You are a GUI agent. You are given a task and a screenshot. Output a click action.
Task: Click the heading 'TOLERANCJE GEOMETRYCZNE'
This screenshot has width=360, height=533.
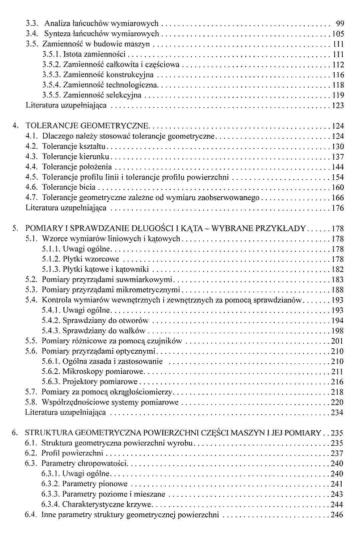pyautogui.click(x=87, y=126)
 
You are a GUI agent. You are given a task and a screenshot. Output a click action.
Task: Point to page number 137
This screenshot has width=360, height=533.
pyautogui.click(x=338, y=157)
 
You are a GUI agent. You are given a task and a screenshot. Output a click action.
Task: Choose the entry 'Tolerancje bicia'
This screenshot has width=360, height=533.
pyautogui.click(x=69, y=188)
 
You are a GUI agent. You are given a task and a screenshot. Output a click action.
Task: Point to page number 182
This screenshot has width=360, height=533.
pyautogui.click(x=338, y=270)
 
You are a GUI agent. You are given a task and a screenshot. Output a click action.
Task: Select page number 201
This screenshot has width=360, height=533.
pyautogui.click(x=337, y=341)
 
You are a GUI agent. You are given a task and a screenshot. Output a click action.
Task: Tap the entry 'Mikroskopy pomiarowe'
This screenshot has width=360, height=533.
pyautogui.click(x=103, y=372)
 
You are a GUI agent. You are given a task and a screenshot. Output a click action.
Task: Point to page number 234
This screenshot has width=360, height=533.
pyautogui.click(x=337, y=413)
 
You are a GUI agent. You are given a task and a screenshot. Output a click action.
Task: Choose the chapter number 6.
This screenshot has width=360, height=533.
pyautogui.click(x=14, y=433)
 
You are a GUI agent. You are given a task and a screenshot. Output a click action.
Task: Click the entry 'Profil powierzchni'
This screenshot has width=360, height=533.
pyautogui.click(x=72, y=454)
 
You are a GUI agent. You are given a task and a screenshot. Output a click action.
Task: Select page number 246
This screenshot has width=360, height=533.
pyautogui.click(x=337, y=515)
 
